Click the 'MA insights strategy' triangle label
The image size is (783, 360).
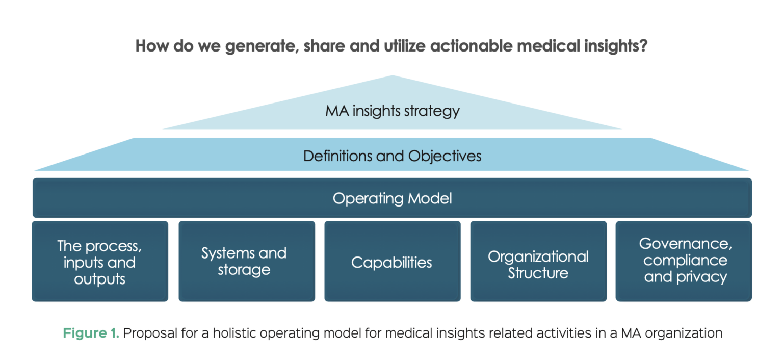point(392,111)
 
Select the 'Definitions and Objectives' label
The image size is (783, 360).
point(392,156)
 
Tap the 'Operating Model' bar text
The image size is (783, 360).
point(392,198)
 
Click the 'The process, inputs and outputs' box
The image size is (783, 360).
point(100,262)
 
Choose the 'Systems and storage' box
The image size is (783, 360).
point(246,262)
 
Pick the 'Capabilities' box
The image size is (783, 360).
point(392,262)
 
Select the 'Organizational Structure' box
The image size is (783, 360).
point(538,264)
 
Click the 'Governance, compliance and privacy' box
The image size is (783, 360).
point(685,261)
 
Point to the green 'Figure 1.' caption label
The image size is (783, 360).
point(91,333)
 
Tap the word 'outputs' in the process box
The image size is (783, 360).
point(100,279)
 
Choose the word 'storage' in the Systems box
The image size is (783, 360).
point(244,270)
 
